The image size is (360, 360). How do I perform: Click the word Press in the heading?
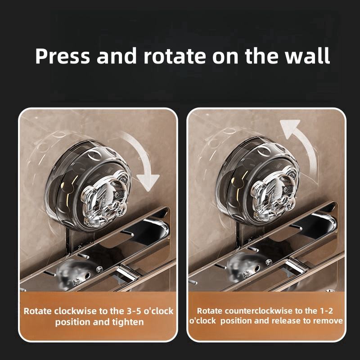(62, 56)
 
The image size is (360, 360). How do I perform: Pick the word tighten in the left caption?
(128, 322)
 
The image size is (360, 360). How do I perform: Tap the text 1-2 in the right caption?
(326, 311)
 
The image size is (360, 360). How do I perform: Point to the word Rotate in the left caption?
(38, 311)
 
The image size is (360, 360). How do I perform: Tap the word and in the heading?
(117, 56)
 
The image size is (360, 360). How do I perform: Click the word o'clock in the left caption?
(158, 311)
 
